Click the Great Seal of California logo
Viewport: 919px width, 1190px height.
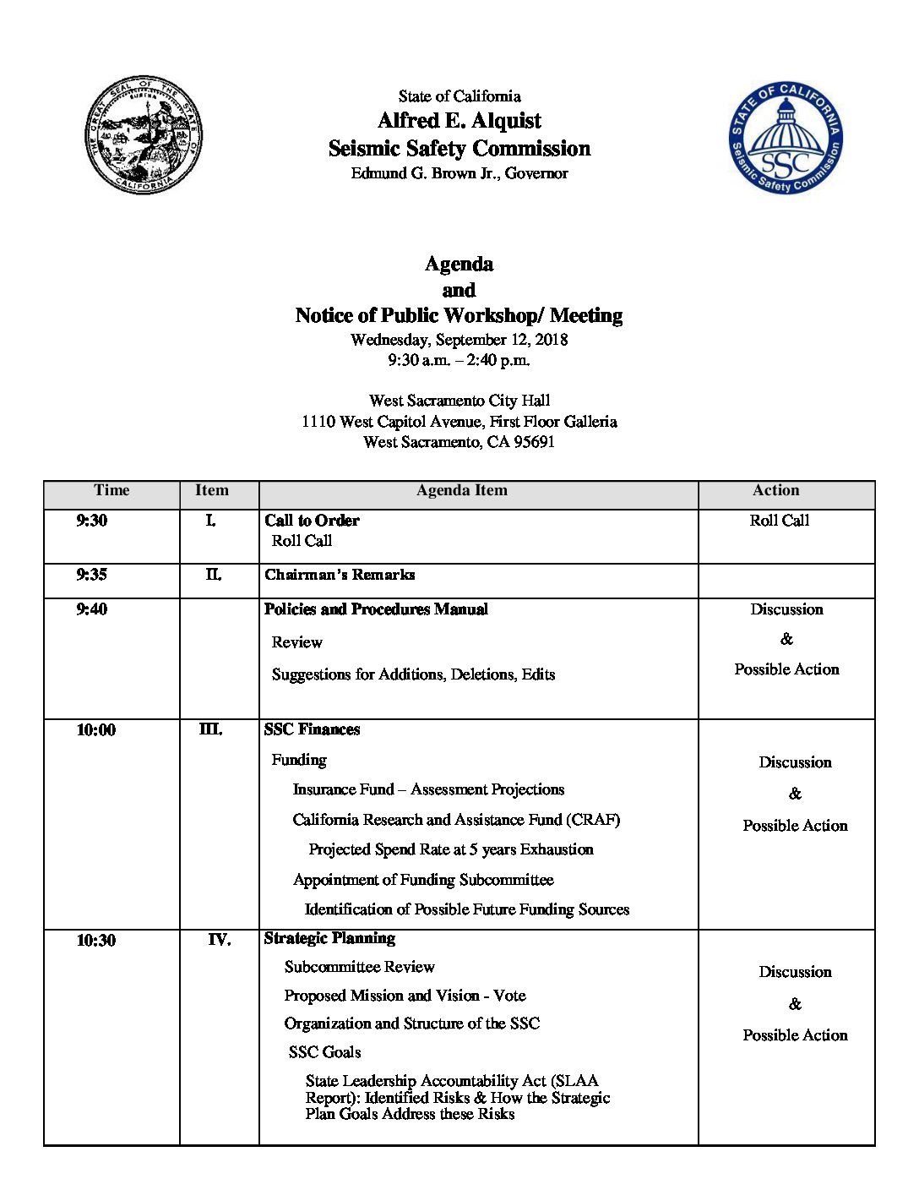point(144,134)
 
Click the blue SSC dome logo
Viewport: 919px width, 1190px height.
point(786,138)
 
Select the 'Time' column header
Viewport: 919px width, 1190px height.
point(111,491)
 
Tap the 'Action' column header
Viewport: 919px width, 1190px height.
point(775,491)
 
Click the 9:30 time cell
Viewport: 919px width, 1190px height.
point(92,521)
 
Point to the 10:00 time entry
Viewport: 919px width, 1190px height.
point(96,730)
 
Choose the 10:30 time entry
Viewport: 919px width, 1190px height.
point(96,941)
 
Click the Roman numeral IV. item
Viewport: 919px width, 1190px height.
point(220,940)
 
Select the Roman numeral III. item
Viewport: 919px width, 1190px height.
point(211,729)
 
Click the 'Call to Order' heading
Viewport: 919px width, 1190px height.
point(312,521)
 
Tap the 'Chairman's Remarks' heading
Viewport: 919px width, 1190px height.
point(340,575)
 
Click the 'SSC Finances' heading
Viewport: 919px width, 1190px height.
point(312,729)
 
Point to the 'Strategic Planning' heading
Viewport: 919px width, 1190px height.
point(329,938)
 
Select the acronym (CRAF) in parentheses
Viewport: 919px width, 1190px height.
point(593,820)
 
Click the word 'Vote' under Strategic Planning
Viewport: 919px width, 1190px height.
point(509,996)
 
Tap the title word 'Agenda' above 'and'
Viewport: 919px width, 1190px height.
point(459,265)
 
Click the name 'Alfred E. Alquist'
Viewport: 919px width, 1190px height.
point(459,121)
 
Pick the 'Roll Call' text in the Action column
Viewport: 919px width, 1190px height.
point(779,521)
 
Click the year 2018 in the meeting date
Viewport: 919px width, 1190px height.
point(551,340)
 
